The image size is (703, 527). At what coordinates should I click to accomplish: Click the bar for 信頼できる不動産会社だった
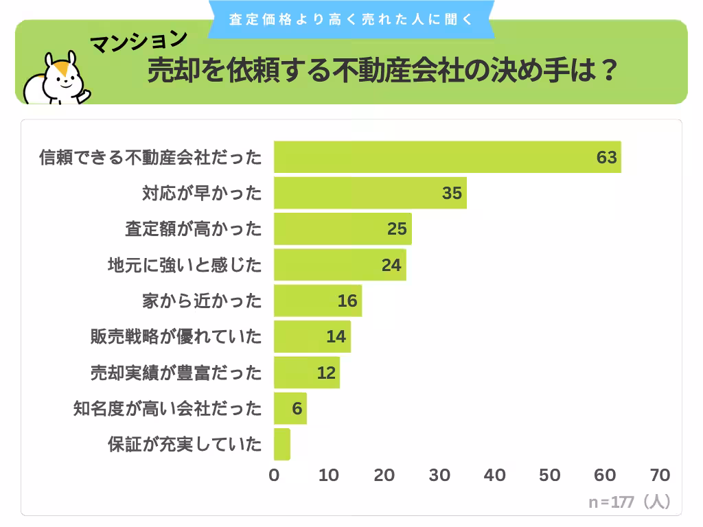pyautogui.click(x=447, y=157)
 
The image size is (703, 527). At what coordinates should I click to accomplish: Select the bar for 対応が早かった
pyautogui.click(x=370, y=193)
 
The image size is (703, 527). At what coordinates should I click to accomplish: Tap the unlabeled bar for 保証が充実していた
pyautogui.click(x=282, y=444)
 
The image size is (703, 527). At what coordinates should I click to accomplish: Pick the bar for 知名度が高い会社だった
pyautogui.click(x=290, y=408)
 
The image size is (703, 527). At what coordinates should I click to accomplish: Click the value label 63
pyautogui.click(x=606, y=158)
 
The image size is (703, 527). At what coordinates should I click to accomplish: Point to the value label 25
pyautogui.click(x=397, y=229)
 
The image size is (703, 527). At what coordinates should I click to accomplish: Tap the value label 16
pyautogui.click(x=347, y=301)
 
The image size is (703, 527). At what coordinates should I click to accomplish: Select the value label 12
pyautogui.click(x=326, y=373)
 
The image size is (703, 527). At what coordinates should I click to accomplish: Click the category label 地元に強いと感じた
pyautogui.click(x=185, y=265)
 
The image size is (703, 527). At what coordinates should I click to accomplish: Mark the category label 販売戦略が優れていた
pyautogui.click(x=176, y=337)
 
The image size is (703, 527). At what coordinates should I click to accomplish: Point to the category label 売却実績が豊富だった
pyautogui.click(x=176, y=373)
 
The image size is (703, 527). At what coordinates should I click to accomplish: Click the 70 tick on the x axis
pyautogui.click(x=659, y=475)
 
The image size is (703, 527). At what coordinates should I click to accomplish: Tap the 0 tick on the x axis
pyautogui.click(x=275, y=475)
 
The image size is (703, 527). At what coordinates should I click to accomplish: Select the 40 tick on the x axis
pyautogui.click(x=494, y=475)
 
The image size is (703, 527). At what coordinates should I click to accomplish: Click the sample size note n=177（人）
pyautogui.click(x=629, y=502)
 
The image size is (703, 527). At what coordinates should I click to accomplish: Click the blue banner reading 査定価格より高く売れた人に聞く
pyautogui.click(x=351, y=19)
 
